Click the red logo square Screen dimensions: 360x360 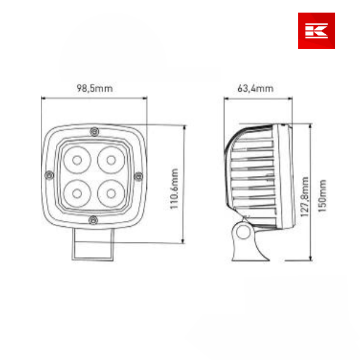click(316, 31)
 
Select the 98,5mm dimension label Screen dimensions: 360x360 click(95, 88)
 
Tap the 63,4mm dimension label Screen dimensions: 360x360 click(256, 88)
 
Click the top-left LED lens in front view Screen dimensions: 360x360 click(79, 160)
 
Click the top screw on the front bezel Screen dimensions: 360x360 click(92, 131)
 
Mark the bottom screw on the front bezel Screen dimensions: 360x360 click(92, 221)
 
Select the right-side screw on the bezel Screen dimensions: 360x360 click(138, 175)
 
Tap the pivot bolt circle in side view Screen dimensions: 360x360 click(243, 231)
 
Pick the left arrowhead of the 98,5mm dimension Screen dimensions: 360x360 click(43, 97)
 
